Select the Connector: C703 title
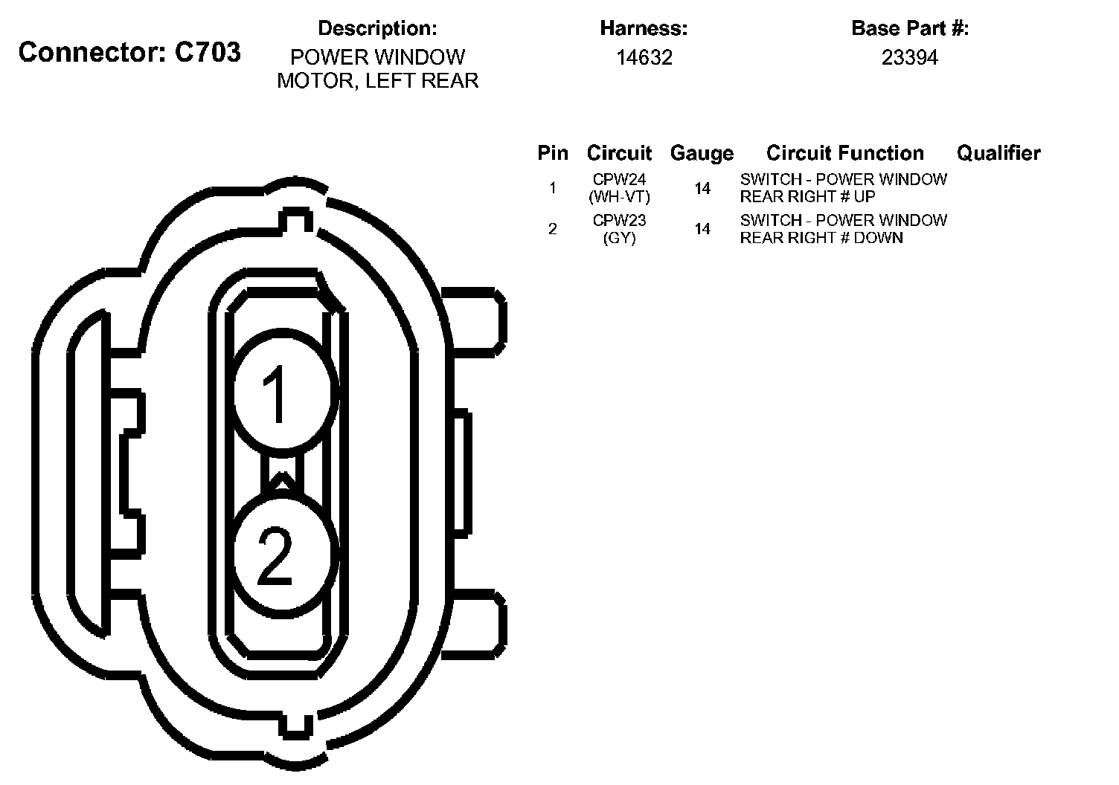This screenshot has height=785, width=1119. pos(129,52)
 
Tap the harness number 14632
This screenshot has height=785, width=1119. pos(644,58)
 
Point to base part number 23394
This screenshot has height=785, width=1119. pos(909,58)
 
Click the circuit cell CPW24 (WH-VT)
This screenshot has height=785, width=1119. pos(619,188)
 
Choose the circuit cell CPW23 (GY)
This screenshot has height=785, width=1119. pos(619,229)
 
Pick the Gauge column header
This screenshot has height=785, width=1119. pos(702,153)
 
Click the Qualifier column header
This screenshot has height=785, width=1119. pos(998,153)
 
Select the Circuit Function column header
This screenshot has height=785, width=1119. pos(844,153)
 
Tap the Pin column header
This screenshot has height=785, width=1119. pos(553,153)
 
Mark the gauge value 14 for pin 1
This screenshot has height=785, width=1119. pos(702,189)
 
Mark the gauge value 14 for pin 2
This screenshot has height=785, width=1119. pos(702,229)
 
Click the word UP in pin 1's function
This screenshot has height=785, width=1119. pos(865,197)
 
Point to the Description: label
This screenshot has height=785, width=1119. pos(377,29)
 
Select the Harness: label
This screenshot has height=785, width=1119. pos(644,29)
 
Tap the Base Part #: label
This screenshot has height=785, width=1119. pos(909,29)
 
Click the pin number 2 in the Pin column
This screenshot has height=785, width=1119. pos(552,229)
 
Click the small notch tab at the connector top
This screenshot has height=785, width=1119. pos(295,219)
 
